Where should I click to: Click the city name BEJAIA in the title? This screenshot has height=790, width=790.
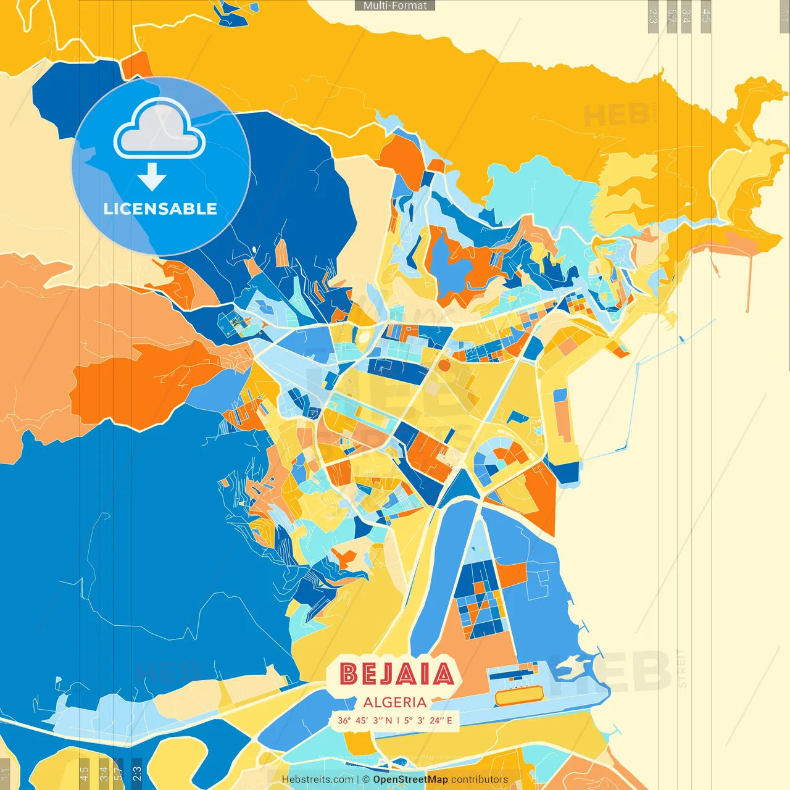point(396,675)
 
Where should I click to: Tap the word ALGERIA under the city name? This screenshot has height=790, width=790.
point(395,702)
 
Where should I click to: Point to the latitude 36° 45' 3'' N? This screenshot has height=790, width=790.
point(364,720)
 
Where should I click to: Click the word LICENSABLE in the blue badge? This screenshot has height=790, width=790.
point(160,209)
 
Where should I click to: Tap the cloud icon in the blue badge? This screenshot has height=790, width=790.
point(159,128)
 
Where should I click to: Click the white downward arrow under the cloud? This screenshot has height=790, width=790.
point(152,177)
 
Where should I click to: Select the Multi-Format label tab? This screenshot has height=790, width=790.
point(395,6)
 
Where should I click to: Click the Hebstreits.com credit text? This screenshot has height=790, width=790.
point(317,780)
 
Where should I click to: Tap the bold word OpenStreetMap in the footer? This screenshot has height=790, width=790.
point(410,780)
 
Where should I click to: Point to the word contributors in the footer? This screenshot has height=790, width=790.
point(480,780)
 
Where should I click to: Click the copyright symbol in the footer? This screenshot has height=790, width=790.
point(365,780)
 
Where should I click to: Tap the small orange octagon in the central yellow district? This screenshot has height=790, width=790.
point(444,365)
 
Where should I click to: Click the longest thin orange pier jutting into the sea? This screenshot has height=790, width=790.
point(749,281)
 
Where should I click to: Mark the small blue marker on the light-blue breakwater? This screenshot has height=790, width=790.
point(681,339)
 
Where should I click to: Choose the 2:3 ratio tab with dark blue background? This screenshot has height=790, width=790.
point(136,773)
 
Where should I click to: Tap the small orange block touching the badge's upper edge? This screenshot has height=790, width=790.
point(137,65)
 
